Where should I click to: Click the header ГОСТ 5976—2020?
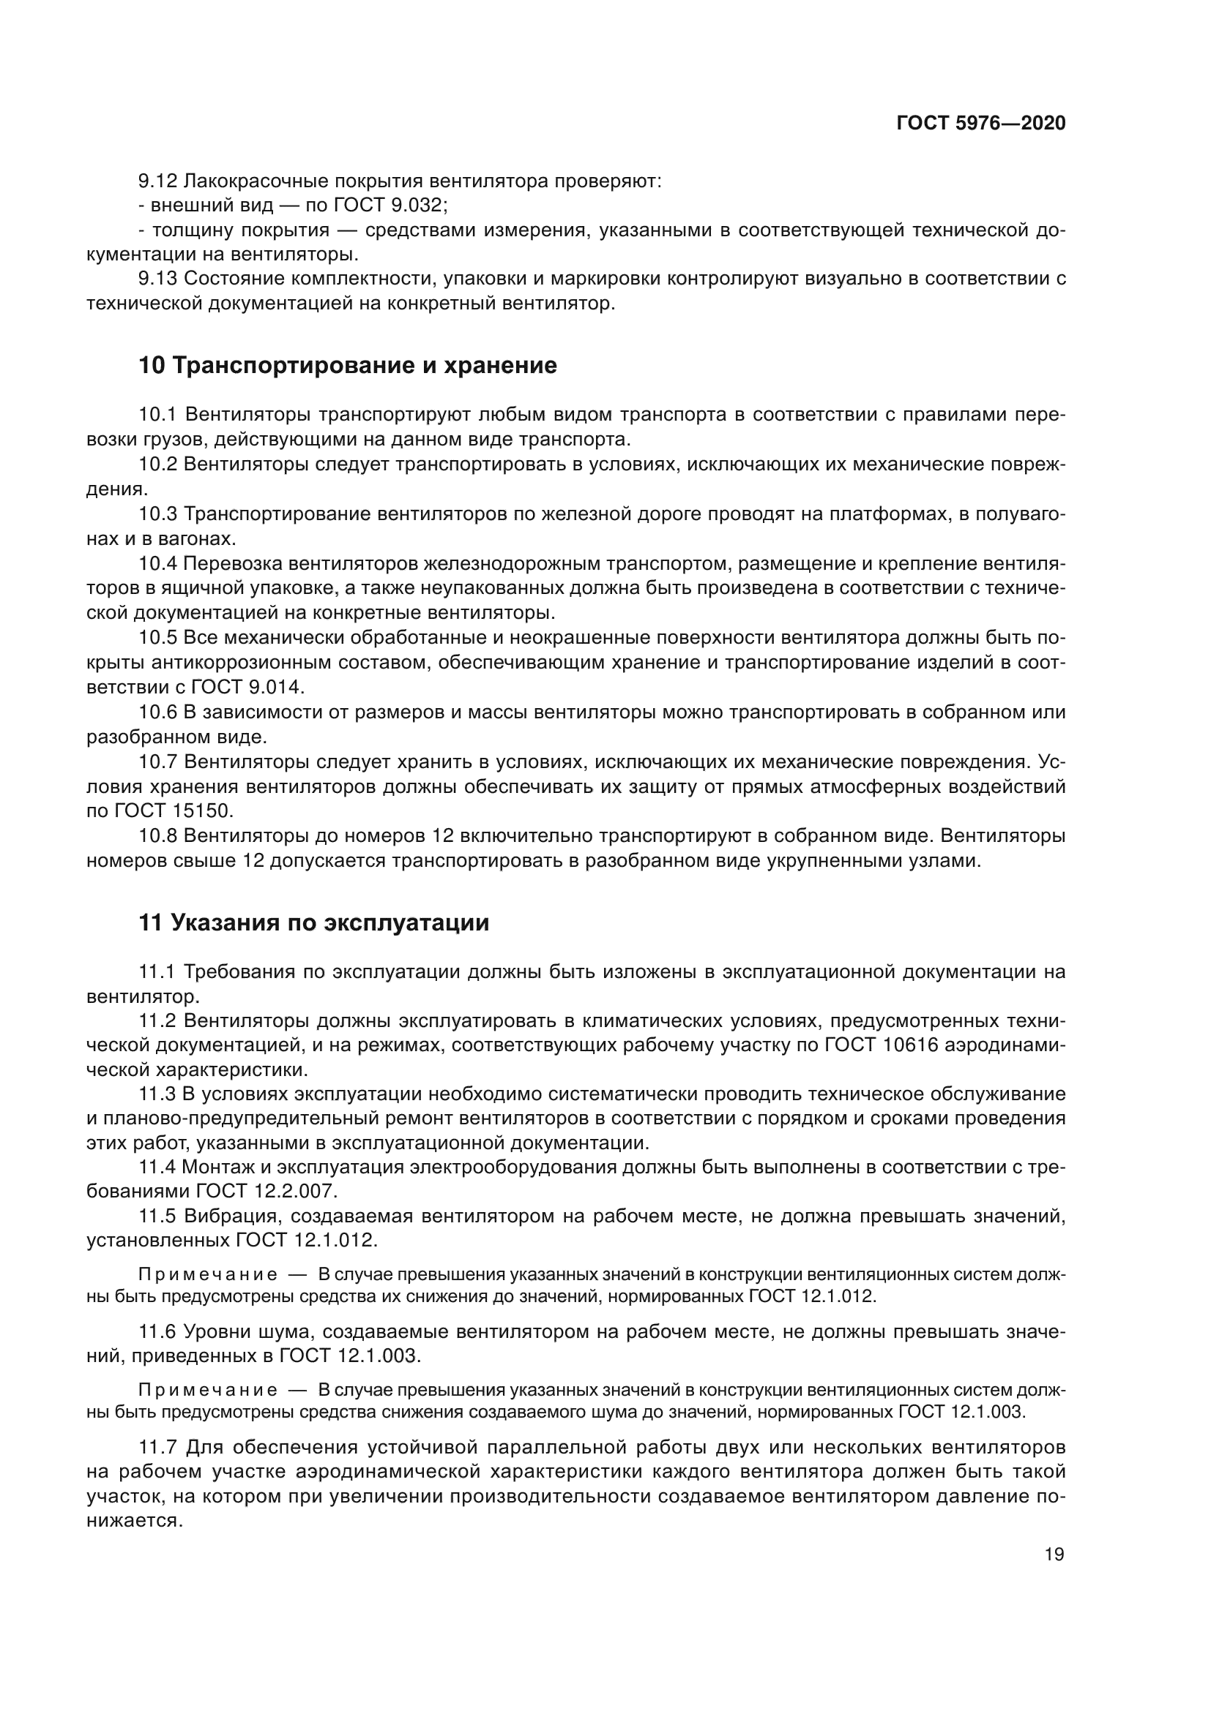980,124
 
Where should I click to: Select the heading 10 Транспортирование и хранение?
348,366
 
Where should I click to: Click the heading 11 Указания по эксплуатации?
314,922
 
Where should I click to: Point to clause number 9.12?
158,181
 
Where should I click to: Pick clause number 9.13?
158,279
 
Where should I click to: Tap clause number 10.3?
158,514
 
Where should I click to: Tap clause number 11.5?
158,1217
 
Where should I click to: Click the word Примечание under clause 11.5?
208,1274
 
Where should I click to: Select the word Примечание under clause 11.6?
208,1390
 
